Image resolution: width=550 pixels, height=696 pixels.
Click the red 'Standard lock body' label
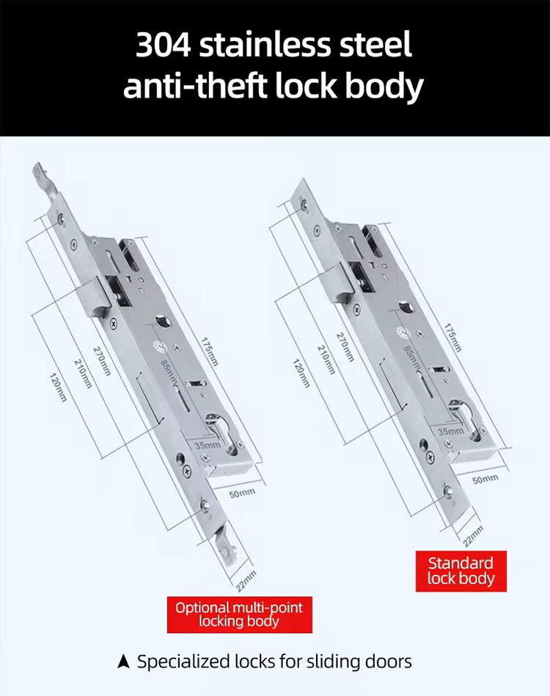(x=461, y=571)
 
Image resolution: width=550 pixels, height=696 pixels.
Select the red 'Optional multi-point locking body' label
(x=239, y=614)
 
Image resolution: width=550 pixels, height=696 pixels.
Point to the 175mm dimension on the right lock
(x=452, y=337)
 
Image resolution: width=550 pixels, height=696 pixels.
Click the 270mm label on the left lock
(x=101, y=360)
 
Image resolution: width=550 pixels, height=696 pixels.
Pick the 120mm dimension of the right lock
(x=301, y=373)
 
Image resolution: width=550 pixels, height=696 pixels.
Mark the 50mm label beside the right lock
(x=485, y=480)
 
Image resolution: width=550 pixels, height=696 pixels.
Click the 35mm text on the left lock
(x=207, y=445)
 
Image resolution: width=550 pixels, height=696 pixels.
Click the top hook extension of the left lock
(x=41, y=181)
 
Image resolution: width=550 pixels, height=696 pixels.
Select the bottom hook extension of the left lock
(x=223, y=548)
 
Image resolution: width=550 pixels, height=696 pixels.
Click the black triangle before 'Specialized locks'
(x=124, y=662)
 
